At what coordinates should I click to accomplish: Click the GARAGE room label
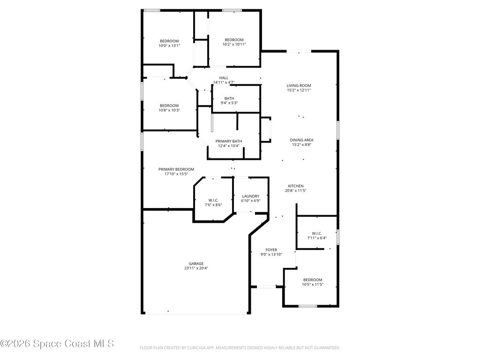[x=196, y=263]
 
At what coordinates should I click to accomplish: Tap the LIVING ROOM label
[x=299, y=86]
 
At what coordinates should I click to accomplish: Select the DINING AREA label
[x=301, y=140]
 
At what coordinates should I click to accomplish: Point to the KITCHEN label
[x=296, y=186]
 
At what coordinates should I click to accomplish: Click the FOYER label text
[x=271, y=250]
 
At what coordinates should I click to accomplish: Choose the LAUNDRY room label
[x=251, y=196]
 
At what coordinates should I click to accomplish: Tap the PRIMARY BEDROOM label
[x=176, y=169]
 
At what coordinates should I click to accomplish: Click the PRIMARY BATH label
[x=229, y=141]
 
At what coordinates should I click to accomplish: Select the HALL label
[x=224, y=78]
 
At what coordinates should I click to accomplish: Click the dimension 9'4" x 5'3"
[x=229, y=103]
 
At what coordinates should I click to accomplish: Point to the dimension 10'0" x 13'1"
[x=169, y=45]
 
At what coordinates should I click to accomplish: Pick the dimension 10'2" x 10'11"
[x=234, y=45]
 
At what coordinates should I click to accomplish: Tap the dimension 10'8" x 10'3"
[x=169, y=110]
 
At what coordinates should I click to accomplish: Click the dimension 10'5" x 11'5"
[x=313, y=285]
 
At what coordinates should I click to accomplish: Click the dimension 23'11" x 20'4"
[x=196, y=268]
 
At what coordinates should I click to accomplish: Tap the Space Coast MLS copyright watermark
[x=57, y=344]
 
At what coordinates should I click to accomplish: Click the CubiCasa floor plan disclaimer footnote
[x=240, y=348]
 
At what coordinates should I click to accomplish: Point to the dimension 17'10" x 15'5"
[x=176, y=174]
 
